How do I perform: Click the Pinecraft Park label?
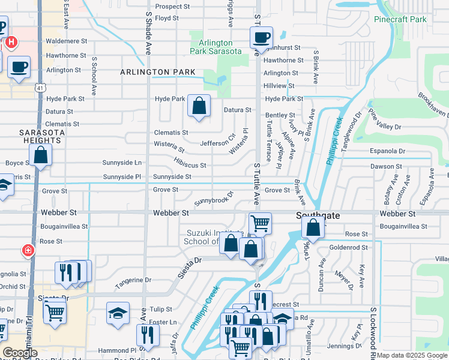(400, 19)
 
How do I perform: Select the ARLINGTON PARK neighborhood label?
(158, 72)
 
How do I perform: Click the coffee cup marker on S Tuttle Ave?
(261, 38)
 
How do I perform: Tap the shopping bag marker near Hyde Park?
(199, 106)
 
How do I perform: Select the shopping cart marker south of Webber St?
(260, 223)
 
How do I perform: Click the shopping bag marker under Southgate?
(313, 227)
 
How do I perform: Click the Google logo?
(20, 353)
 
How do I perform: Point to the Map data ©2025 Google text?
(412, 355)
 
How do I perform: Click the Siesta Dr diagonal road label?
(190, 263)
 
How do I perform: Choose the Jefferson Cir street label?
(217, 143)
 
